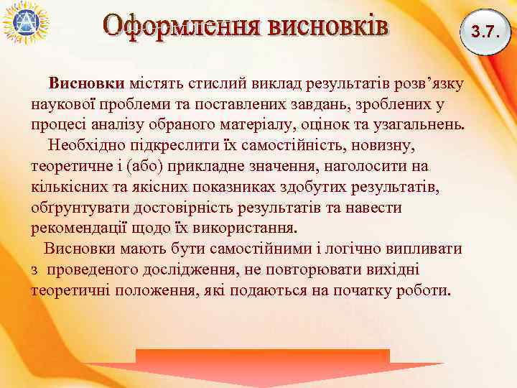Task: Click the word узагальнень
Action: pyautogui.click(x=416, y=125)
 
